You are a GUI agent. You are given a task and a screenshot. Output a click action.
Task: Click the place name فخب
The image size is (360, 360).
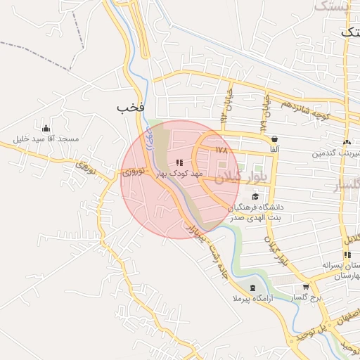point(131,107)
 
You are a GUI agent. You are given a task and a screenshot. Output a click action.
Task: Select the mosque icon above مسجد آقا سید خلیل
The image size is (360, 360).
point(46,128)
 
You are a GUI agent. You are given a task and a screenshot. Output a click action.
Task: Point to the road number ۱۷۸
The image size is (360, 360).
point(222,150)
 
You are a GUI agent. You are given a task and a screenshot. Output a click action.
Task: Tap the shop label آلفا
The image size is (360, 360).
point(274,150)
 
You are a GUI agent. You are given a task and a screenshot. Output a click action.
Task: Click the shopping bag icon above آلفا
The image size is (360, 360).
point(274,139)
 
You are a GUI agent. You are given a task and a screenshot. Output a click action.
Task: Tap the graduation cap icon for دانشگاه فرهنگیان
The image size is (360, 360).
point(255,195)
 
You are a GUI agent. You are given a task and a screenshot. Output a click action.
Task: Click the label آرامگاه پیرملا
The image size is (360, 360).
point(252,299)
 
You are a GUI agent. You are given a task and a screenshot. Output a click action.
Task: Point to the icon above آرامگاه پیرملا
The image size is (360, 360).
point(252,288)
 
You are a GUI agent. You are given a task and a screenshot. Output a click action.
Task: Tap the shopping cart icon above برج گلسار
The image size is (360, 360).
point(306,287)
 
